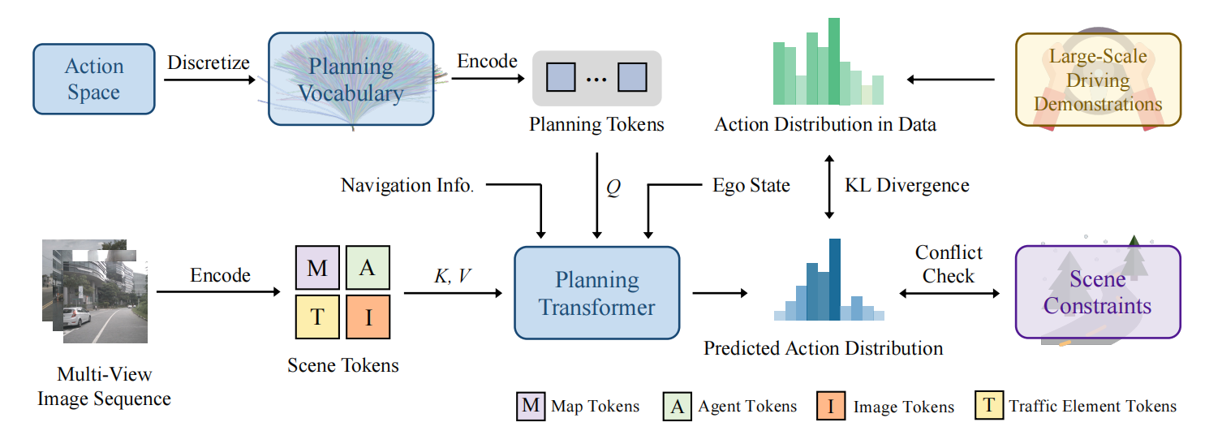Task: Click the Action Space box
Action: pos(93,79)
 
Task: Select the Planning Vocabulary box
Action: pos(350,79)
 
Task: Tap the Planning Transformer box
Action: pos(596,293)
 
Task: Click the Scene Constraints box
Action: pos(1097,292)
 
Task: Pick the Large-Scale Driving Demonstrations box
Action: pos(1098,80)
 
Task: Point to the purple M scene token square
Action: pos(316,268)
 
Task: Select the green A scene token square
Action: pos(368,268)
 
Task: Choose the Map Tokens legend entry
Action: pos(577,406)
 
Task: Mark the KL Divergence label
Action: pos(906,186)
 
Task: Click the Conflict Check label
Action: pos(948,265)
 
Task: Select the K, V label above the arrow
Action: pos(452,274)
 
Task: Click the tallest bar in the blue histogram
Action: pos(834,280)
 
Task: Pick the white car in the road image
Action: pos(80,318)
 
